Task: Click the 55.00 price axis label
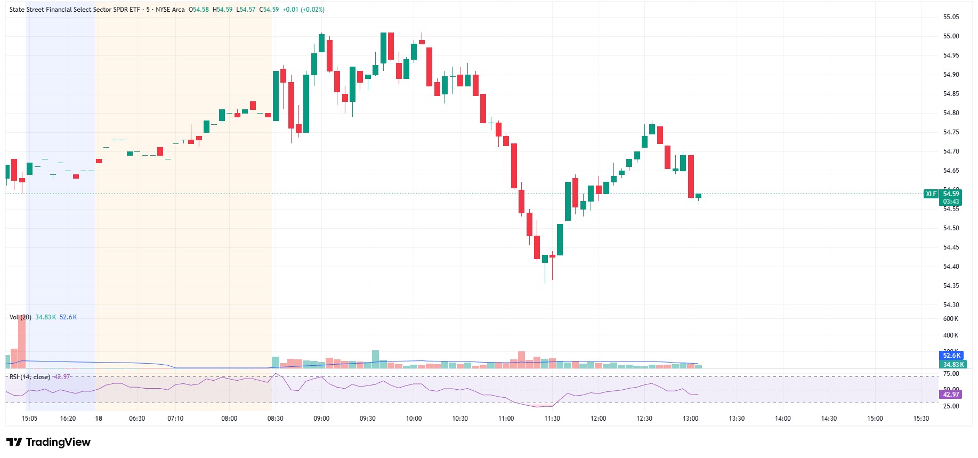951,36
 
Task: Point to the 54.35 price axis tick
951,286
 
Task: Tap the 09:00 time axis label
321,419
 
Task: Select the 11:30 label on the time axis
552,419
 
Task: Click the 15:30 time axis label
921,419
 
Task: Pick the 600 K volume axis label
950,319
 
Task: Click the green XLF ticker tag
931,194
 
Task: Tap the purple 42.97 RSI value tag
951,395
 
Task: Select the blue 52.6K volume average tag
951,356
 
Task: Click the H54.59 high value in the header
222,10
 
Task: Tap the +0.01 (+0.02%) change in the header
303,10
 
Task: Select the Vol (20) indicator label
20,317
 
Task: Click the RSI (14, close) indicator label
30,377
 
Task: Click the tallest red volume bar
22,341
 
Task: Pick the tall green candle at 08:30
276,96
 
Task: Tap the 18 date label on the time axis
99,419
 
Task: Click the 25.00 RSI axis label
951,406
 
